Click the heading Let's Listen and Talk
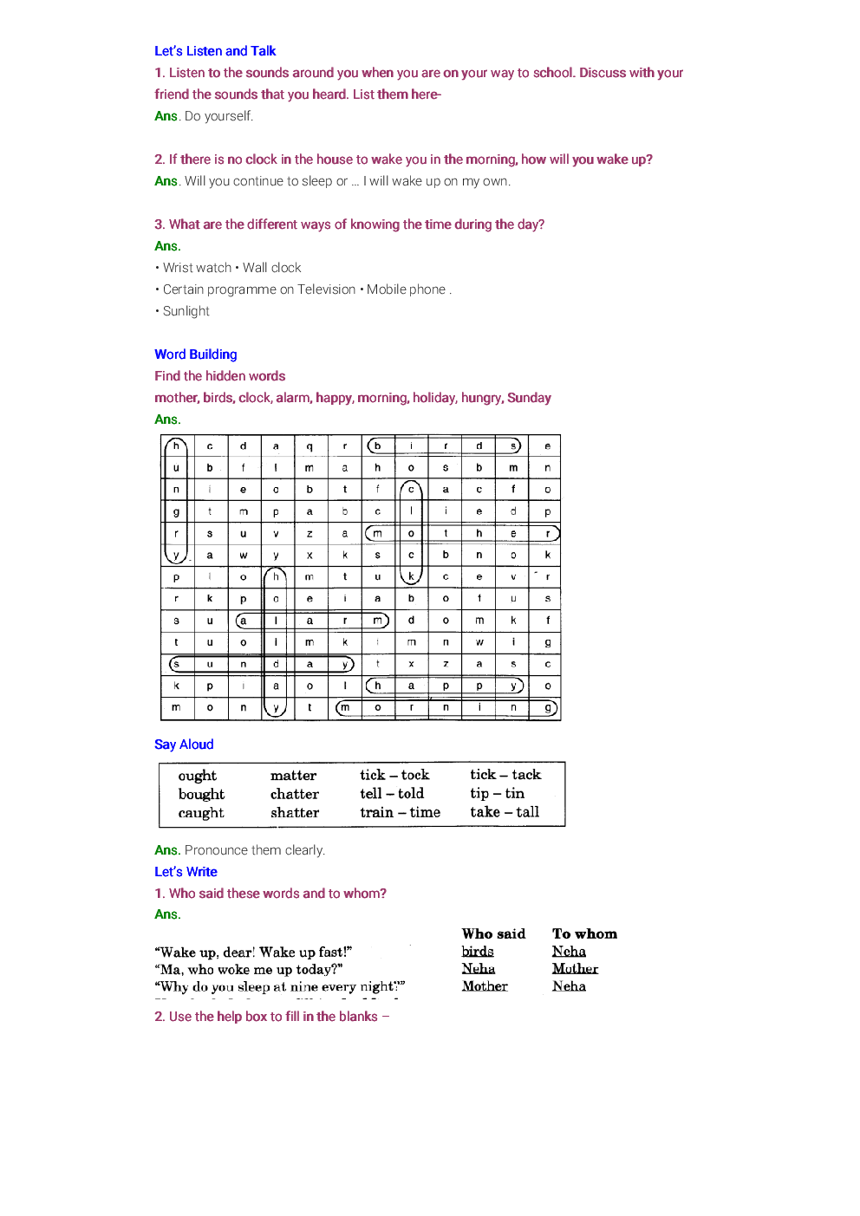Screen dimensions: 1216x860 (x=215, y=51)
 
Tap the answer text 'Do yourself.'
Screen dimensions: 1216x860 (x=218, y=116)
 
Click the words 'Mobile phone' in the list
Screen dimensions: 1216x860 (x=406, y=289)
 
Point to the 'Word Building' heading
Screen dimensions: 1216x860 (x=196, y=354)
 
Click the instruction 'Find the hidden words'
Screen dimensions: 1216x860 (x=220, y=376)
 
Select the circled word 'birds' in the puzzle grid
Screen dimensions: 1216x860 (x=444, y=446)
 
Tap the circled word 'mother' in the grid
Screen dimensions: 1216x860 (x=461, y=534)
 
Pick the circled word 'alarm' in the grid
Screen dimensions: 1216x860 (x=311, y=621)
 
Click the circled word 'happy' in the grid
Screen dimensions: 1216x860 (x=444, y=686)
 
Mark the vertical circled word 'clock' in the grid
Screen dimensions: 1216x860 (x=411, y=533)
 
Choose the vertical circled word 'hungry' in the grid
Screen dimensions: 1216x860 (x=176, y=501)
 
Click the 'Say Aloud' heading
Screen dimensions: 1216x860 (x=184, y=745)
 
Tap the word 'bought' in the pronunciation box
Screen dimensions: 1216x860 (x=201, y=795)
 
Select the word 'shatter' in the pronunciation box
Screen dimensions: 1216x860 (x=295, y=813)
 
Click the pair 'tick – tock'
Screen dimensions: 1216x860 (x=394, y=775)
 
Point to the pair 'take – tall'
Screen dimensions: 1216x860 (x=505, y=812)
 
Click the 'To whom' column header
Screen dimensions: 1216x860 (x=584, y=934)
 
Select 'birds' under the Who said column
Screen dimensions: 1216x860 (x=478, y=952)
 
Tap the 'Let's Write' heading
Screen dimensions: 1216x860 (x=186, y=872)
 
